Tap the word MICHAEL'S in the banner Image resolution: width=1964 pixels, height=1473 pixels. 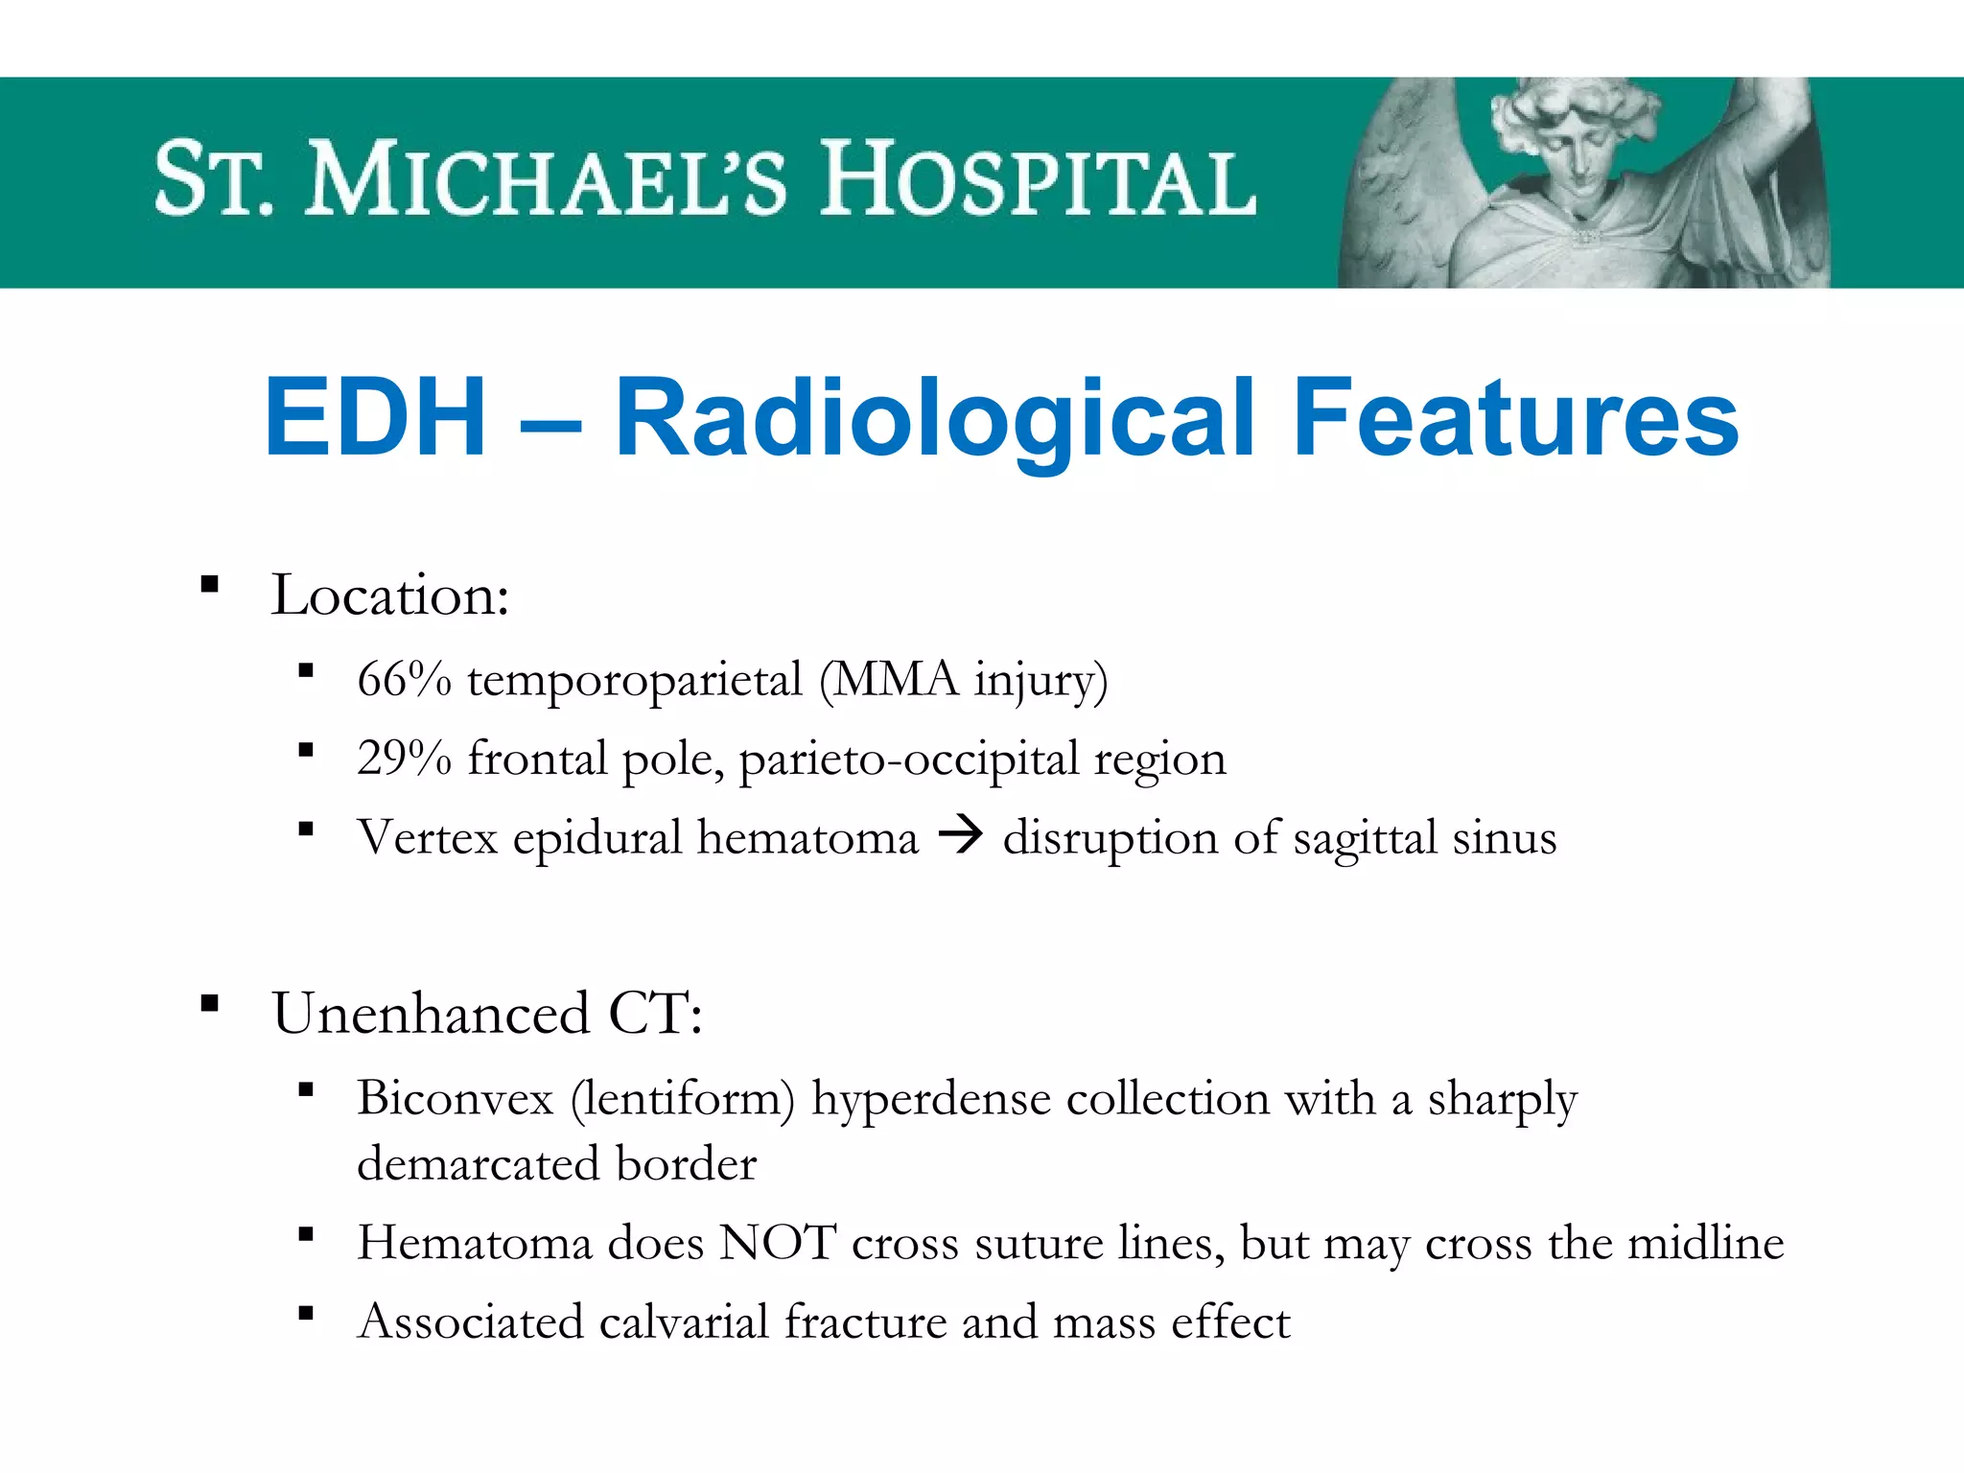546,179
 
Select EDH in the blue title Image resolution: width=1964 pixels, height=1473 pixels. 375,418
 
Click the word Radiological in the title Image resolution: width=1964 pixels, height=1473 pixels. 935,420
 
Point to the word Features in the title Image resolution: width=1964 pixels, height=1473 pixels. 1515,418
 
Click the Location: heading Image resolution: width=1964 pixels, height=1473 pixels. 389,596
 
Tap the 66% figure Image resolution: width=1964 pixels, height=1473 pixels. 404,679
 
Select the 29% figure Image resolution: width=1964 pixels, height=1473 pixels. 404,759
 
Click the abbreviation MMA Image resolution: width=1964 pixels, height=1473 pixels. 896,679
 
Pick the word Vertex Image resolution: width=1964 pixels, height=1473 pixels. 428,837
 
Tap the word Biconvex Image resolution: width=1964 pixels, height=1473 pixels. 456,1098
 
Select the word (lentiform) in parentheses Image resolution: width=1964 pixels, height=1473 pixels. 683,1099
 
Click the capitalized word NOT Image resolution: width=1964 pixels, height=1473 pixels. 778,1243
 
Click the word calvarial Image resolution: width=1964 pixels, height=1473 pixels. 684,1321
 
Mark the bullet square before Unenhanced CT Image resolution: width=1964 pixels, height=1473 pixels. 210,1004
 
